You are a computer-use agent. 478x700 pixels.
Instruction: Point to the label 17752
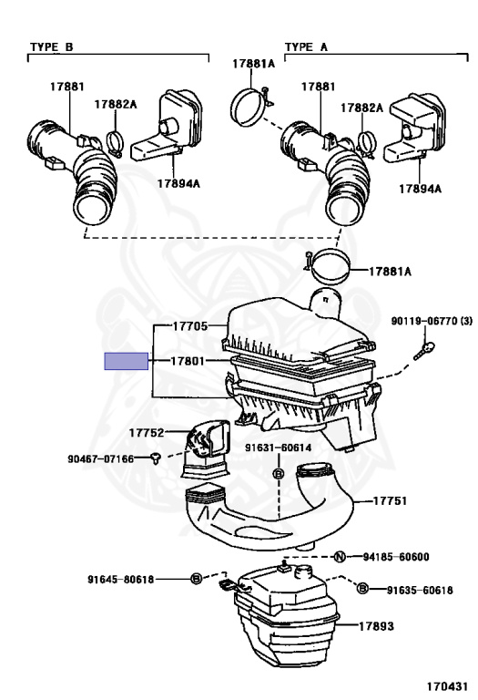click(146, 433)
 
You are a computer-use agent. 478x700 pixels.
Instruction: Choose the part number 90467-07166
click(103, 458)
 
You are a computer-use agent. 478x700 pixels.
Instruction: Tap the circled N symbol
click(338, 557)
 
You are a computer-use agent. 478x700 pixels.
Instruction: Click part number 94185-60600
click(396, 557)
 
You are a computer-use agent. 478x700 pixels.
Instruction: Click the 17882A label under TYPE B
click(116, 105)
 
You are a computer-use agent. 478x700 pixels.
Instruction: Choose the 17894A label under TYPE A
click(420, 189)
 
